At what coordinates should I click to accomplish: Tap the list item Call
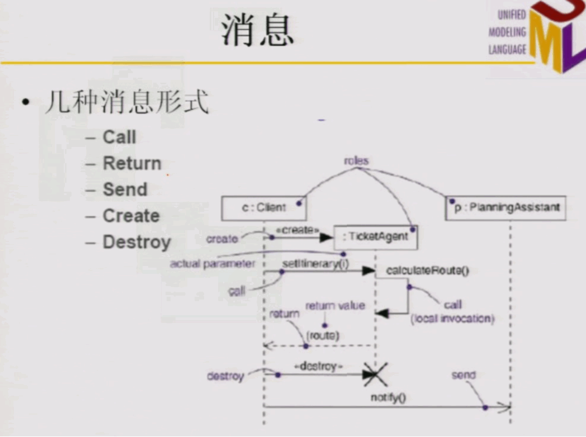click(x=119, y=137)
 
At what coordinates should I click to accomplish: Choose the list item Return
click(x=132, y=164)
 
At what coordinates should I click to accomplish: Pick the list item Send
click(x=125, y=189)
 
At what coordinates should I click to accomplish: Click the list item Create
click(x=131, y=216)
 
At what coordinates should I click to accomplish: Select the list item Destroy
click(x=136, y=242)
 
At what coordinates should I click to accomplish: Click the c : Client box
click(x=264, y=208)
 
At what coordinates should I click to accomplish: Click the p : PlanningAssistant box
click(x=505, y=207)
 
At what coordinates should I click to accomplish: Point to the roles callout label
click(x=356, y=161)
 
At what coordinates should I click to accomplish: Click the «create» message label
click(x=297, y=230)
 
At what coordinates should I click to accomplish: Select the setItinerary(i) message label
click(x=315, y=263)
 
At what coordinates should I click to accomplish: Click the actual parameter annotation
click(x=212, y=263)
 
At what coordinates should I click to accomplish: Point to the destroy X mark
click(x=375, y=374)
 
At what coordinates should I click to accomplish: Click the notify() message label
click(x=388, y=397)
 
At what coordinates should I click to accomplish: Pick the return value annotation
click(x=335, y=306)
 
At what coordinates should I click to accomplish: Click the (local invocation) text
click(x=453, y=319)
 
